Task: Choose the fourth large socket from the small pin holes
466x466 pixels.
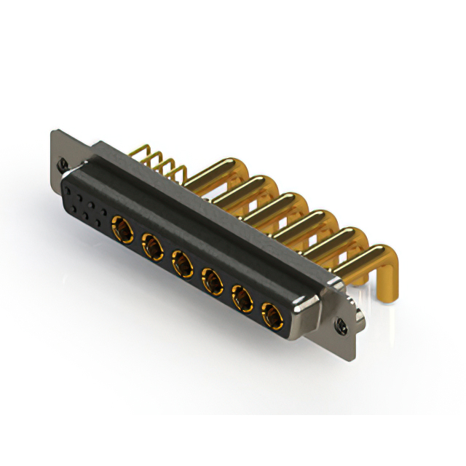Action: click(211, 280)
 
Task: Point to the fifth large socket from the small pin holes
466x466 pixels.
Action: click(241, 297)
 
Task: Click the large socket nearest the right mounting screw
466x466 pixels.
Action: click(270, 314)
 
